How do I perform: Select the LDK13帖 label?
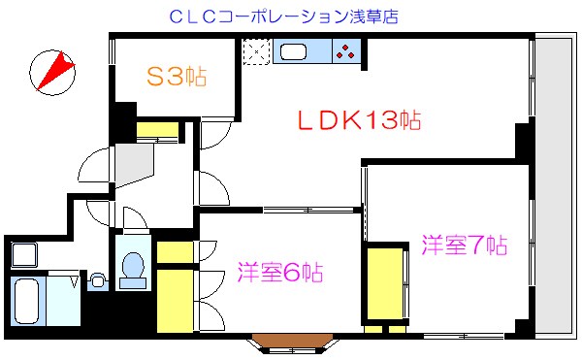[357, 121]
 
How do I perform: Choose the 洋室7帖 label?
[464, 244]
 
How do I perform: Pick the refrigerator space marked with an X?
[256, 51]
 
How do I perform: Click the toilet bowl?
[131, 266]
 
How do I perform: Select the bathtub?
[30, 301]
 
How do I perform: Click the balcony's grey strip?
[556, 184]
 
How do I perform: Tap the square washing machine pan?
[23, 256]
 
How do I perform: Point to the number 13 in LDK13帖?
[379, 121]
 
